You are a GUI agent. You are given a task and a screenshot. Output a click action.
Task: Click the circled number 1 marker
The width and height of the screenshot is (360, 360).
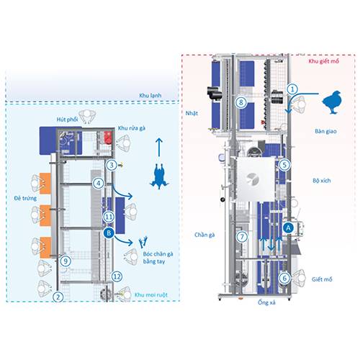point(292,89)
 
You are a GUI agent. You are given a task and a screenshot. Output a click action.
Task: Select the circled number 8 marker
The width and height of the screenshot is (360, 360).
point(240,102)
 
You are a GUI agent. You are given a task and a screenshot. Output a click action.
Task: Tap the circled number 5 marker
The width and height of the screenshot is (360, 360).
point(284,165)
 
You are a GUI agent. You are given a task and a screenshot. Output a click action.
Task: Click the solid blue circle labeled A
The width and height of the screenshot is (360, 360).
point(288,228)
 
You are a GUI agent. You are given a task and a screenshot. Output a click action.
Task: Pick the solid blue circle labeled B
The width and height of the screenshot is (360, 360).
point(109,233)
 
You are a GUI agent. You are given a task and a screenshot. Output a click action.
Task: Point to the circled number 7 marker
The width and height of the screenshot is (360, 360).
point(242,237)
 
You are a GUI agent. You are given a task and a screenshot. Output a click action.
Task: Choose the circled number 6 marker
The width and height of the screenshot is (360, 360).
point(284,278)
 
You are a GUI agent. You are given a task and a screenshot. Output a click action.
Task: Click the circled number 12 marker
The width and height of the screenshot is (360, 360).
point(117,276)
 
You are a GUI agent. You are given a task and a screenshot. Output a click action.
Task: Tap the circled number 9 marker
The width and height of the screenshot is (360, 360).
point(66,261)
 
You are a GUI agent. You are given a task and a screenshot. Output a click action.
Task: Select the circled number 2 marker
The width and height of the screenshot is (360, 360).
point(58,297)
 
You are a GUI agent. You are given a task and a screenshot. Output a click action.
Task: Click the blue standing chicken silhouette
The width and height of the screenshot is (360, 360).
point(332,102)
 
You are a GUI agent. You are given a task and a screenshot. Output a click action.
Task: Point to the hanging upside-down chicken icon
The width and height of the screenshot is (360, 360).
point(159,176)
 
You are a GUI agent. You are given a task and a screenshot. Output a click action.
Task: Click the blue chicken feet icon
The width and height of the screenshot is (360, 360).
point(143,242)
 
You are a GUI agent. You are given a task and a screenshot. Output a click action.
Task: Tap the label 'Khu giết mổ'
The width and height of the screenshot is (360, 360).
point(324,61)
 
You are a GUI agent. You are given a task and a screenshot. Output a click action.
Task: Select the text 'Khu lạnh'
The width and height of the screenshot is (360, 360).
point(150,95)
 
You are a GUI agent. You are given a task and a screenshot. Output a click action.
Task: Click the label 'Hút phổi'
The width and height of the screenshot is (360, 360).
point(67,120)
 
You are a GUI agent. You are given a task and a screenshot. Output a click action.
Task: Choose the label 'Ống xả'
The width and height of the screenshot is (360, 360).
point(266,302)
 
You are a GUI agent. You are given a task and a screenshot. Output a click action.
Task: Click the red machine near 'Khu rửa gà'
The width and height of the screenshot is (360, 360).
point(108,138)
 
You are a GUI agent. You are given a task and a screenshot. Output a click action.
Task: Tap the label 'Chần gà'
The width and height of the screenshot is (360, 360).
point(204,235)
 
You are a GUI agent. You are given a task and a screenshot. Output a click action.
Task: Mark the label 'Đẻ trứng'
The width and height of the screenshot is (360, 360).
point(25,198)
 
